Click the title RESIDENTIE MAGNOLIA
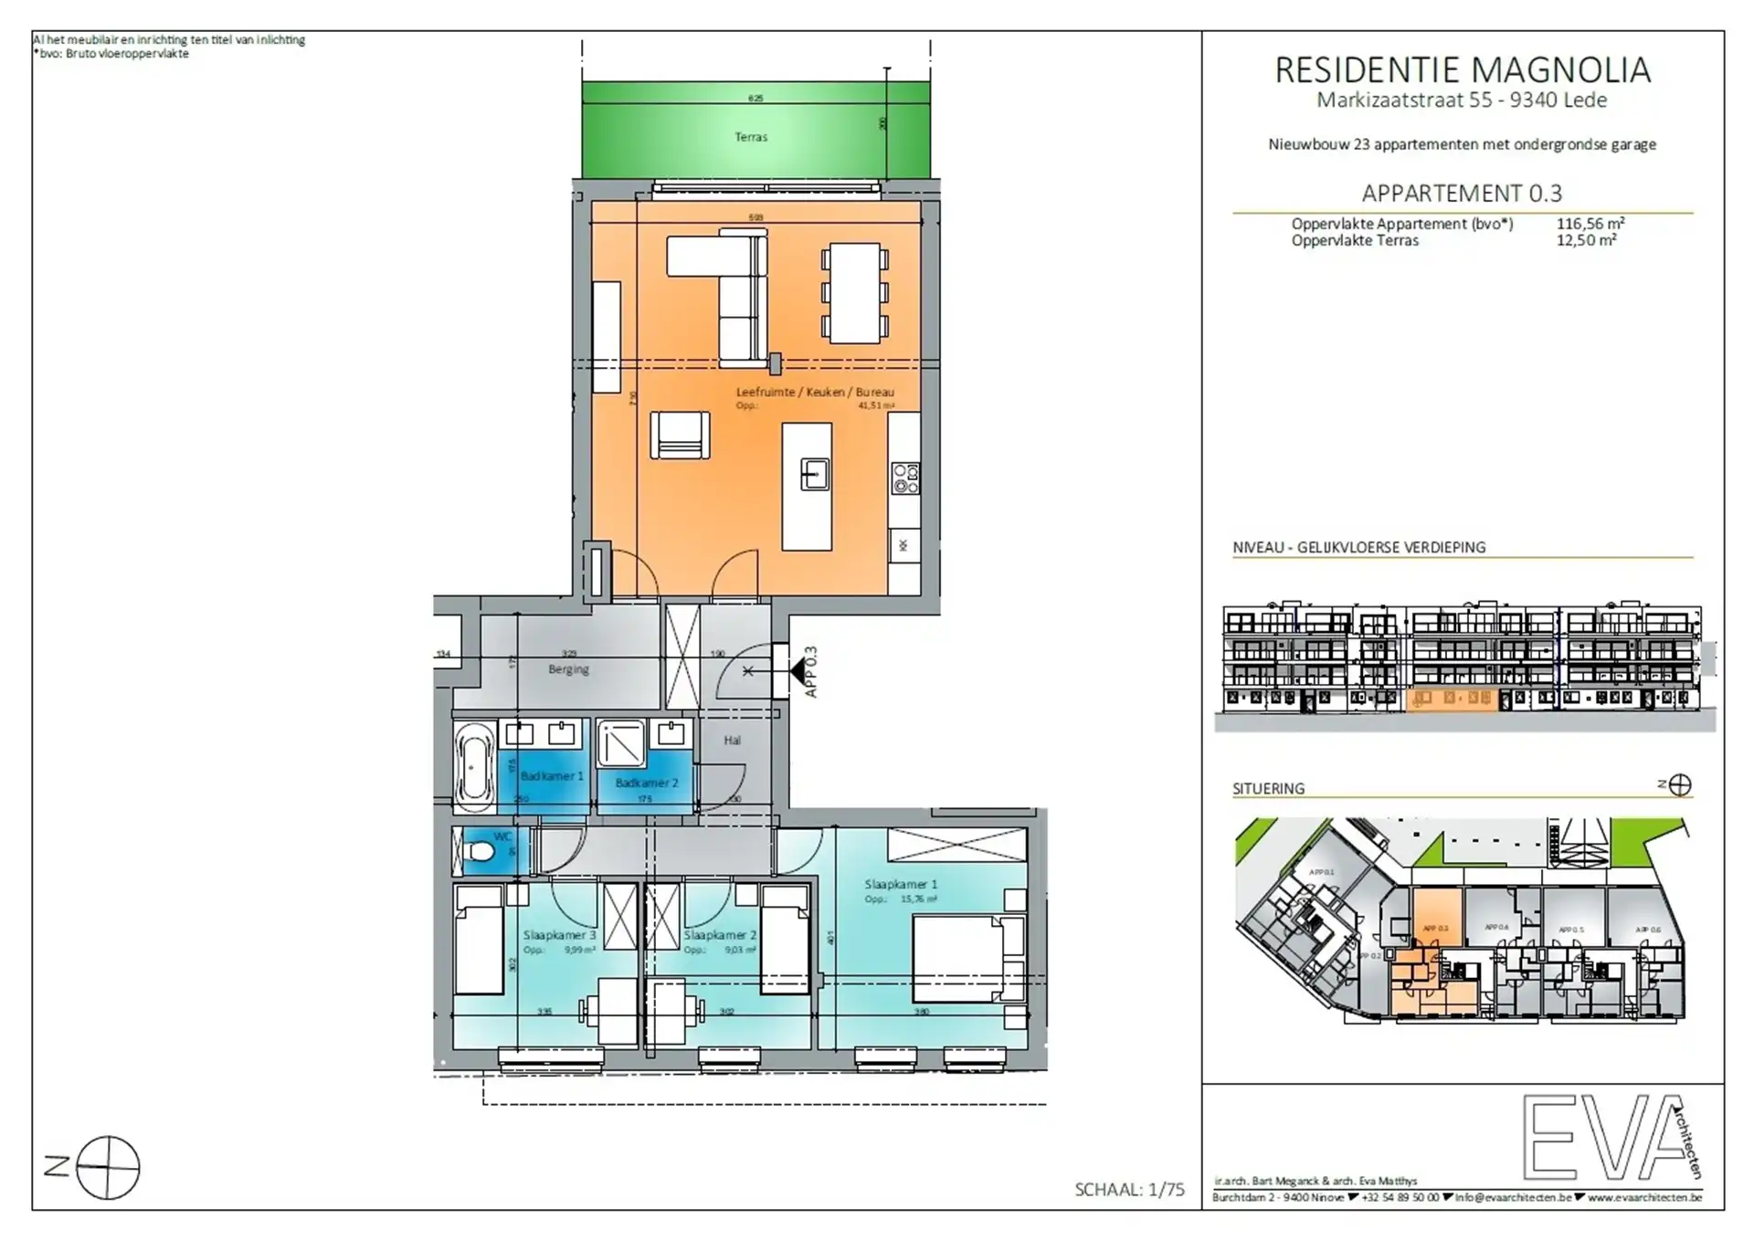(1462, 70)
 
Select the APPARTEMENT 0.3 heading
(1462, 194)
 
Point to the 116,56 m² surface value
(1590, 224)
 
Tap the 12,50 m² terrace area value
(1586, 240)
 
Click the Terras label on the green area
(751, 137)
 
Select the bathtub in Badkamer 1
(474, 767)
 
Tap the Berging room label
(568, 669)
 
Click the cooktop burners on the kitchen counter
(905, 479)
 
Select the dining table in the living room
(854, 293)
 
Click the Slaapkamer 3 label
(559, 935)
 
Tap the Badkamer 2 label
(646, 783)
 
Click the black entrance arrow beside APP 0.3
(801, 673)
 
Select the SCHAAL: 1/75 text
(1129, 1189)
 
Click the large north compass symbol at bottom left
(107, 1167)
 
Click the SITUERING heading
(1268, 788)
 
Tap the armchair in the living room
(680, 436)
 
